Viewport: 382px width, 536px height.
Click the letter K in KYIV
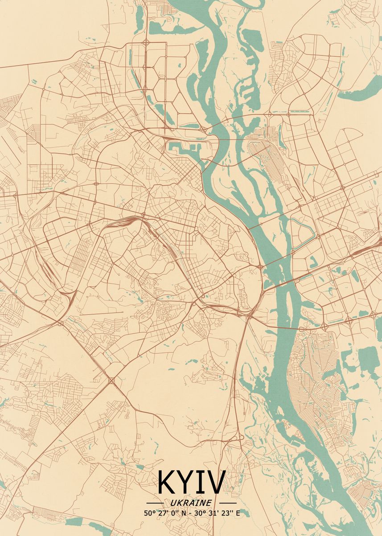pos(167,483)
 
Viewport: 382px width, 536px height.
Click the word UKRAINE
pos(191,503)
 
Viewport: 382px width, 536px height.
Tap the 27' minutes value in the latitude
pos(161,513)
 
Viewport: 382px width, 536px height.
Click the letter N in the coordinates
pos(182,513)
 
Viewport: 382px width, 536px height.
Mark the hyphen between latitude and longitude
pos(189,513)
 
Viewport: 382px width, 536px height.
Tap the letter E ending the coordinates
pos(237,513)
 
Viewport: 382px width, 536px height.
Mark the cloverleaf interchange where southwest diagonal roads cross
pos(111,381)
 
